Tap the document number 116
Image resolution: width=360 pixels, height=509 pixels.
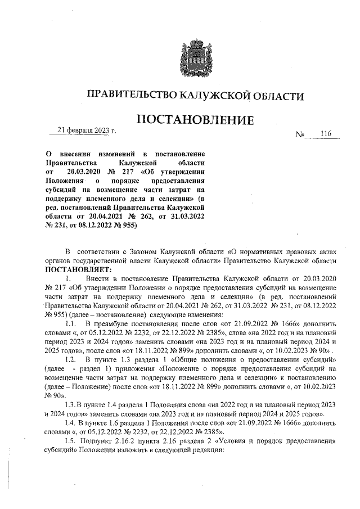(326, 133)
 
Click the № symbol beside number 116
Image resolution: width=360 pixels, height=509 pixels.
(300, 136)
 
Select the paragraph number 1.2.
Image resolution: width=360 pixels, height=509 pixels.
(70, 359)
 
